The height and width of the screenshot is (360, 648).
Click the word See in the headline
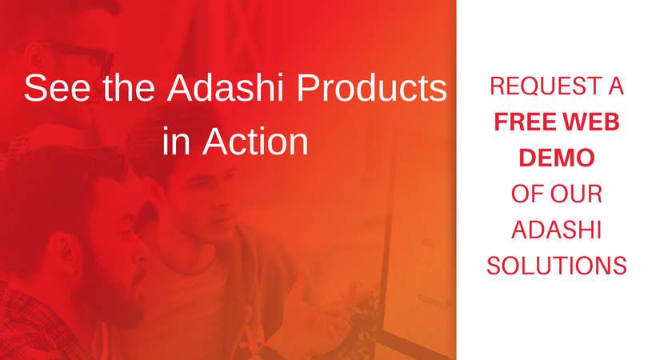coord(58,88)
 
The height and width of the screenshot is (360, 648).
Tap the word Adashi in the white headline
coord(226,88)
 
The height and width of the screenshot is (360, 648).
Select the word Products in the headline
coord(372,88)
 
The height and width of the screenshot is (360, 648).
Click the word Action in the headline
coord(255,142)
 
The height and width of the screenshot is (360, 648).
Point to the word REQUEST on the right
coord(540,86)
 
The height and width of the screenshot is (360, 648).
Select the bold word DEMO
coord(557,158)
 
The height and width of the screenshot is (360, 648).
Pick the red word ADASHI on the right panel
coord(556,230)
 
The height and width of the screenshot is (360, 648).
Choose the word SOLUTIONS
coord(557,266)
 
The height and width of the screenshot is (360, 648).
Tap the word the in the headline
coord(129,88)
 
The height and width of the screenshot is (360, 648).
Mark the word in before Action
coord(176,142)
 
